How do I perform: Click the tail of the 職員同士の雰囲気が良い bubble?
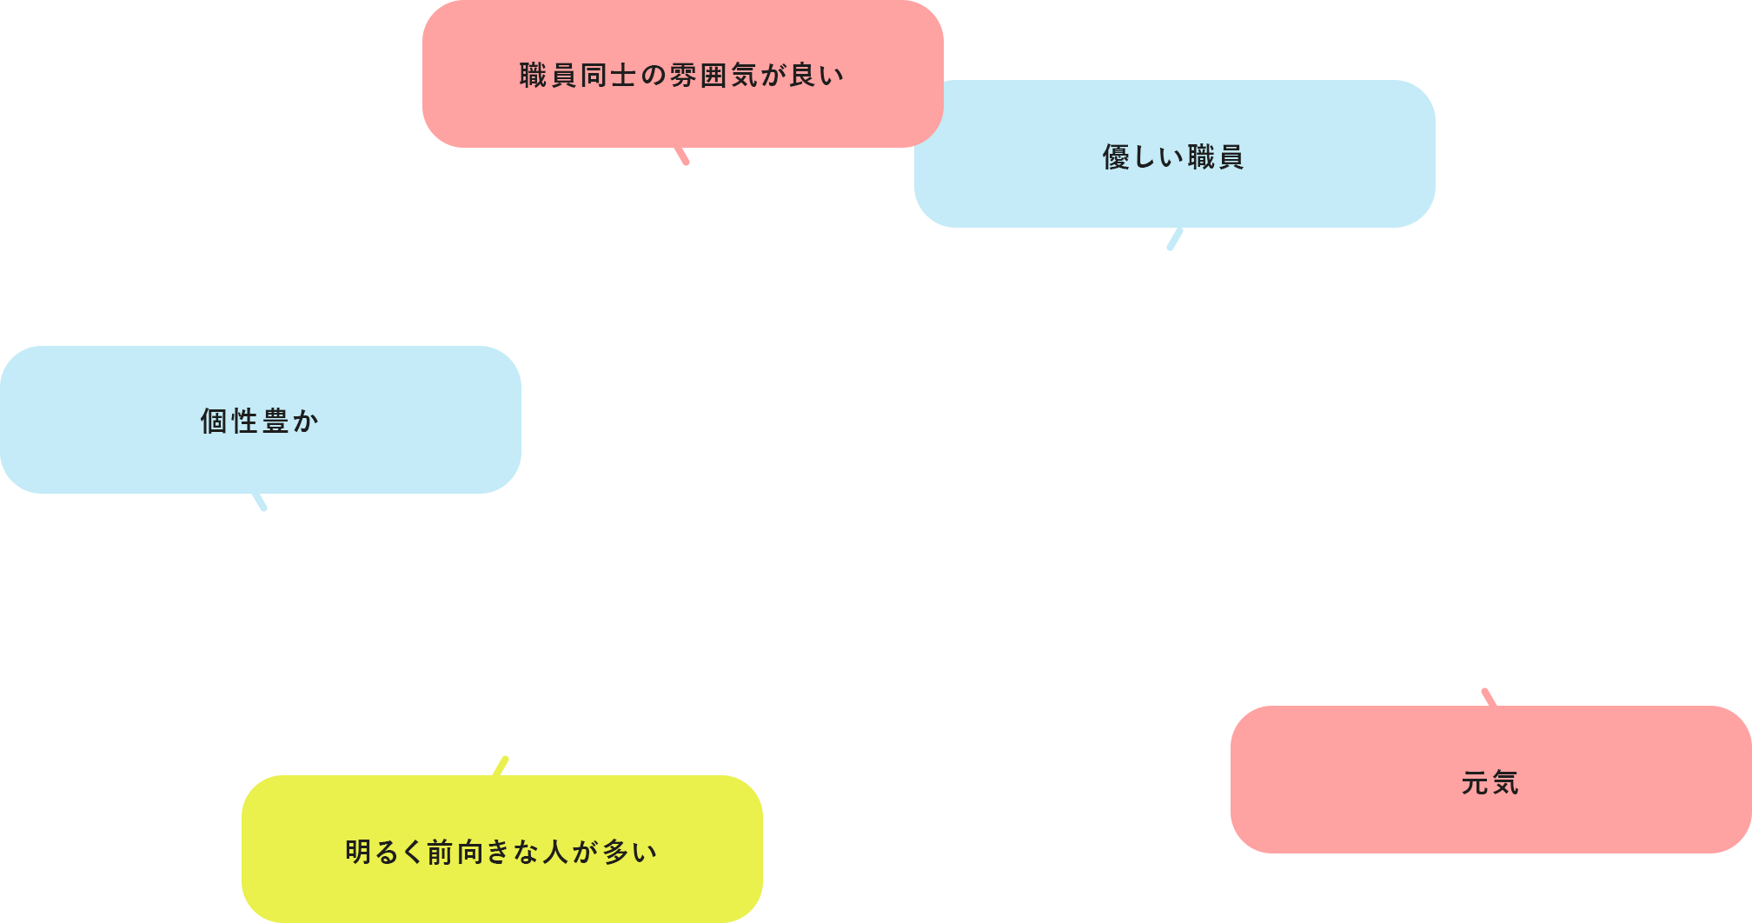coord(682,156)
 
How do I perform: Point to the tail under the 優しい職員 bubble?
coord(1175,239)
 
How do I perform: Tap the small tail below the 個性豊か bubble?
coord(260,501)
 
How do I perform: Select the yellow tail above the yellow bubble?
coord(501,766)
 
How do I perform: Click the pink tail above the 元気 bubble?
coord(1489,697)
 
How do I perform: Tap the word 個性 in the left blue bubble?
coord(229,422)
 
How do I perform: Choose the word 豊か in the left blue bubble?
coord(290,422)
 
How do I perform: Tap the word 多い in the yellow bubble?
coord(630,853)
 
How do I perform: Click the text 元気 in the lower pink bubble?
coord(1490,783)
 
